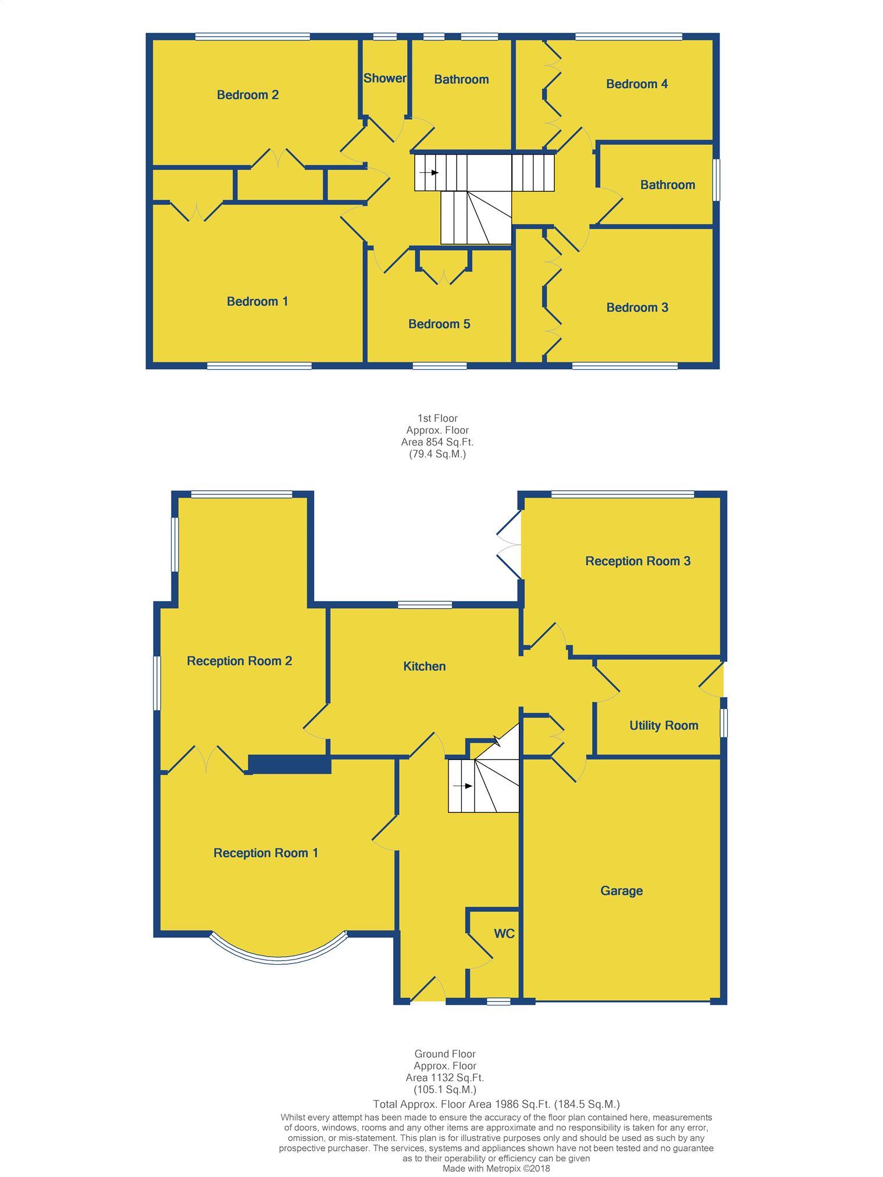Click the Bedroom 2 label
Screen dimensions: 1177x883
(248, 95)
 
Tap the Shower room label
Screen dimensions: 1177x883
(385, 78)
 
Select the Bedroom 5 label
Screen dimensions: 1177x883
(439, 324)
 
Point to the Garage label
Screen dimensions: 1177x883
(621, 891)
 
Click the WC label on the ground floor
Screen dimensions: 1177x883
(504, 934)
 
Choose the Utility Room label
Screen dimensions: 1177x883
(664, 725)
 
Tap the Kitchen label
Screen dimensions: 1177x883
(425, 666)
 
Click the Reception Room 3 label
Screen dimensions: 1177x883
(638, 561)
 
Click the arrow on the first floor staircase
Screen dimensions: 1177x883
(430, 173)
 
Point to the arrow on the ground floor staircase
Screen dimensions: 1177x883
(463, 786)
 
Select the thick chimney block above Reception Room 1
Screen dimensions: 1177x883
(290, 764)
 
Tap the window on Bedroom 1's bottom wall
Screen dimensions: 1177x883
(259, 366)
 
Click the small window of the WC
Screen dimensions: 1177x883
(499, 1001)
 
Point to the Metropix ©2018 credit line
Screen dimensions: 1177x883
(496, 1168)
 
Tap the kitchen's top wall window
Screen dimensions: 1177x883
(425, 605)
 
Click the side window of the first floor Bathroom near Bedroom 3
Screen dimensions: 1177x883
(717, 180)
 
